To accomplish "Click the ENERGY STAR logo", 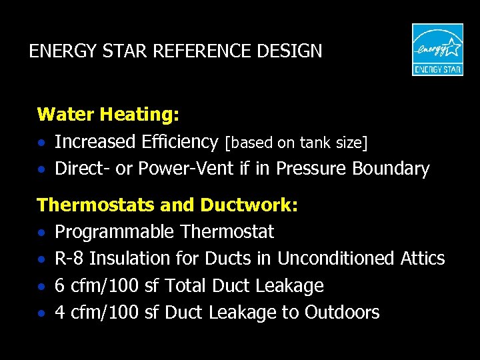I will [x=437, y=49].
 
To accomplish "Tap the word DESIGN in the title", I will [x=292, y=51].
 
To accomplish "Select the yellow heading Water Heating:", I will [x=108, y=115].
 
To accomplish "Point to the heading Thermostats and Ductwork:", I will [x=167, y=205].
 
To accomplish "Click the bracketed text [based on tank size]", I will [x=296, y=143].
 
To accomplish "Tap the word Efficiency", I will [x=180, y=142].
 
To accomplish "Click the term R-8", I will [x=69, y=259].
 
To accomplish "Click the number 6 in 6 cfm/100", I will [x=59, y=286].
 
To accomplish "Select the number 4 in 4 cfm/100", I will [x=59, y=313].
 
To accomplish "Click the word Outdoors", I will [x=342, y=313].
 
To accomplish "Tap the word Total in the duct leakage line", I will [x=186, y=286].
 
